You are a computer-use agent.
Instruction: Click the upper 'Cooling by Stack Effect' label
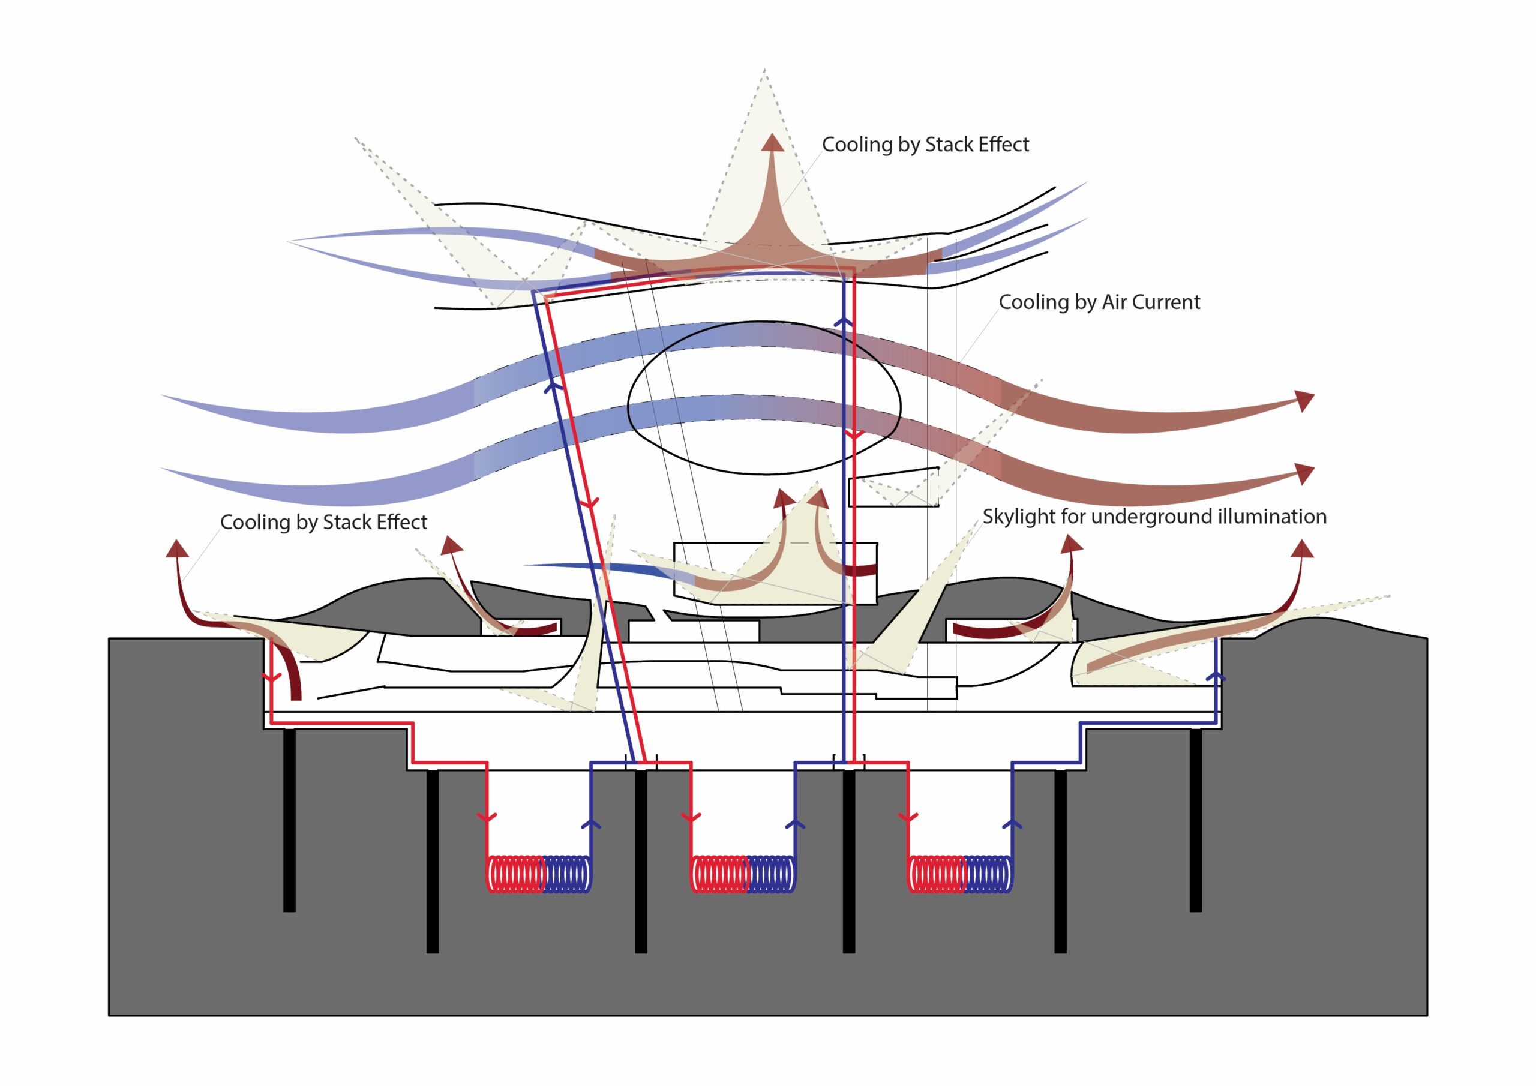click(x=925, y=145)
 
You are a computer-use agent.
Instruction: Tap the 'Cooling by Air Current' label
click(x=1099, y=302)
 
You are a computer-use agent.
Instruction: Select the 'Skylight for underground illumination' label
click(x=1154, y=517)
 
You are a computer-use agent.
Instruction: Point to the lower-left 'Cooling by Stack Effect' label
click(x=323, y=522)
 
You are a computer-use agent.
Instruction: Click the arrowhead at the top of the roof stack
click(x=773, y=142)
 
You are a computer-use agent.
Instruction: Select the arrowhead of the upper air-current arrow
click(x=1304, y=400)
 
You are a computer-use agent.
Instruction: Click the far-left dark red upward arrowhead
click(x=177, y=548)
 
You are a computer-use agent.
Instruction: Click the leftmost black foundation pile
click(x=289, y=820)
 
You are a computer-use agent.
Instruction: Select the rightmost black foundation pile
click(x=1195, y=820)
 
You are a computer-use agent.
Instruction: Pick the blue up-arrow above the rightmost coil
click(x=1012, y=823)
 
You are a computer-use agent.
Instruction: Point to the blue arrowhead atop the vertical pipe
click(x=844, y=322)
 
